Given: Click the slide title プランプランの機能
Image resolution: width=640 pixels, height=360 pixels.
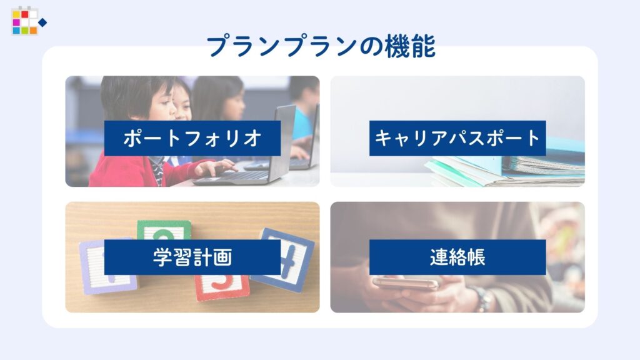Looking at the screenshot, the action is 321,46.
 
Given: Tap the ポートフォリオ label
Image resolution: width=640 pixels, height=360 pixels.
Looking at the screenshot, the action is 192,138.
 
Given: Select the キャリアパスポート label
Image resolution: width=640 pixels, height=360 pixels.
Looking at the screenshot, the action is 457,138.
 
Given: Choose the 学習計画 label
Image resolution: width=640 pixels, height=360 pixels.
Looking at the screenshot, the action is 192,257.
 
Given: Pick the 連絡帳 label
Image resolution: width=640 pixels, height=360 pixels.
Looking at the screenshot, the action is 457,257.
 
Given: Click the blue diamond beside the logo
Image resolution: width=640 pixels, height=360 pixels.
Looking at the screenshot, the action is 42,22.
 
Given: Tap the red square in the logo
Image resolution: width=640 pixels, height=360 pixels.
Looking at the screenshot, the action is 25,15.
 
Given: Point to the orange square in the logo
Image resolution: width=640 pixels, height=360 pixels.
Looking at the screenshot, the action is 33,31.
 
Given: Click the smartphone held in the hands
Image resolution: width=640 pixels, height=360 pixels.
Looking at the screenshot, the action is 405,282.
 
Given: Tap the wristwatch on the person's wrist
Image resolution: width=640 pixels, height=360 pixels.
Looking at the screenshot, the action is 482,299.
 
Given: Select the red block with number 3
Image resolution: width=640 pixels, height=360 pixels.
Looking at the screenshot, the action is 222,286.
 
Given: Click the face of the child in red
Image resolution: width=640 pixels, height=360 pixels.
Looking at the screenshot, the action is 160,102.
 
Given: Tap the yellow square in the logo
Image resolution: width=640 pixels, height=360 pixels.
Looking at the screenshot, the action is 16,15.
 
